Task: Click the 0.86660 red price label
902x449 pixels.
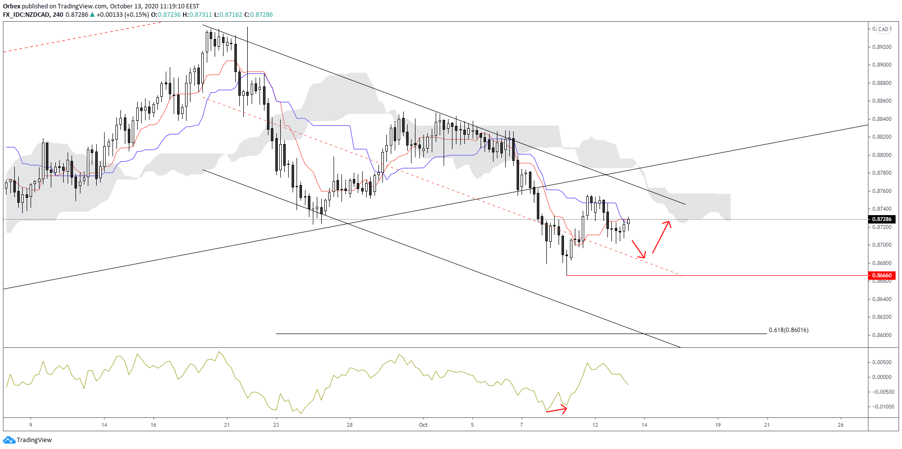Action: (882, 275)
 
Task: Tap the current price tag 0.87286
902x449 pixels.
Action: (882, 219)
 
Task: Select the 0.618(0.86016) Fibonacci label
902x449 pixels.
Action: (789, 330)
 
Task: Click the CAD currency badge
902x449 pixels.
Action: (883, 29)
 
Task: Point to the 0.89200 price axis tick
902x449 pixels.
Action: (882, 47)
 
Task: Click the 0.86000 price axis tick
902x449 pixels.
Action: (882, 335)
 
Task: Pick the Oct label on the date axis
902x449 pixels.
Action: (423, 425)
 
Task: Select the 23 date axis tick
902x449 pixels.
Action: (276, 425)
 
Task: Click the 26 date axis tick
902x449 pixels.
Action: (840, 425)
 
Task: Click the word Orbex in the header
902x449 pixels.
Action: (11, 6)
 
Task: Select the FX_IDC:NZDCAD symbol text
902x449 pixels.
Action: (26, 15)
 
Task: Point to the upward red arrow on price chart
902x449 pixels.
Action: (661, 237)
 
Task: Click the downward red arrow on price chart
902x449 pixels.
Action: (639, 249)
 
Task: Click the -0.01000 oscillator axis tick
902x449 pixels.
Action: (883, 407)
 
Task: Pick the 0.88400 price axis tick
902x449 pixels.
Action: (882, 119)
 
